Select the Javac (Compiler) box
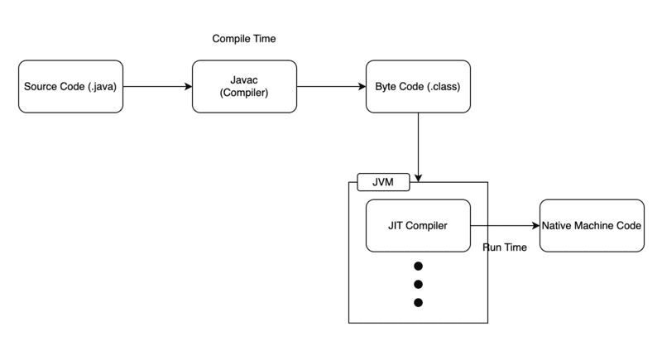(x=245, y=86)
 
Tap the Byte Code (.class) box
(x=418, y=86)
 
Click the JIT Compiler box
(x=418, y=226)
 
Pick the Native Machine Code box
(x=591, y=226)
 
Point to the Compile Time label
(x=244, y=39)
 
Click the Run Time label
(x=504, y=247)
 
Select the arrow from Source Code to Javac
(x=156, y=86)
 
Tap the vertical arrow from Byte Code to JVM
(x=419, y=145)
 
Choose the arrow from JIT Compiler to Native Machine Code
(x=505, y=226)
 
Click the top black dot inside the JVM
(x=418, y=266)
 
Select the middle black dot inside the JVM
(x=418, y=285)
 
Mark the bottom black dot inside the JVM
(x=418, y=303)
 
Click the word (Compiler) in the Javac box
(x=245, y=94)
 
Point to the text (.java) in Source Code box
(x=103, y=86)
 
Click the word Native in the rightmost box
(x=558, y=226)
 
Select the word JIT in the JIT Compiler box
(x=396, y=226)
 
